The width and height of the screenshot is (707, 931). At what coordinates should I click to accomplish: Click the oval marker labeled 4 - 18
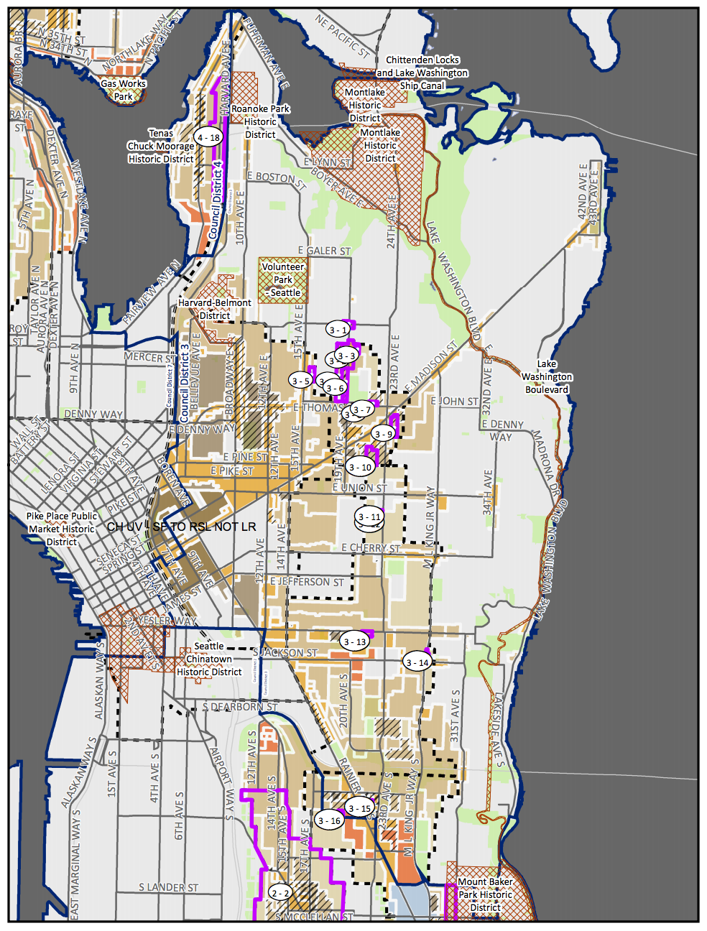208,137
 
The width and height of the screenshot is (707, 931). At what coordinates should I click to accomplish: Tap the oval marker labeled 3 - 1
338,330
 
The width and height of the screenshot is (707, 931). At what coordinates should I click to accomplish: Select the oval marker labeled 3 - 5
301,381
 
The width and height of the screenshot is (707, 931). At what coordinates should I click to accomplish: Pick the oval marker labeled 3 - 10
360,467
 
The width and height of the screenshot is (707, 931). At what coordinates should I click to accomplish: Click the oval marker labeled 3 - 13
355,641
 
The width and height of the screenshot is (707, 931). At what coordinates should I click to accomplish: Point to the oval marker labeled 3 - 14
417,662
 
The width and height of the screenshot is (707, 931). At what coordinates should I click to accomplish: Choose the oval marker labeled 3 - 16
330,820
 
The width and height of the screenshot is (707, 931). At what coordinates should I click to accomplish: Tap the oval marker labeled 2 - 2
279,893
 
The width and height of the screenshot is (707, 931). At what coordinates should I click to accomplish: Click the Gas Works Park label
123,90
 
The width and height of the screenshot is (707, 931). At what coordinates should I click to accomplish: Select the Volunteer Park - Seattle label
283,279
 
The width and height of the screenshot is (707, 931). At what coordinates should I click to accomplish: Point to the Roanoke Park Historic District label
260,121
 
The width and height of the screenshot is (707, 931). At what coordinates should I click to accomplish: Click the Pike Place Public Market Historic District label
62,529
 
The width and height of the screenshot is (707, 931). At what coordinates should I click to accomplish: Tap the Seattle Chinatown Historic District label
209,659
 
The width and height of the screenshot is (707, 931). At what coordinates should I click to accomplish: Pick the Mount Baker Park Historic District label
485,894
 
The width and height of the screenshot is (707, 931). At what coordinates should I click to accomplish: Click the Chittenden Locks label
422,60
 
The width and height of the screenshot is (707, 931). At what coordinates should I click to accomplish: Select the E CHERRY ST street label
371,548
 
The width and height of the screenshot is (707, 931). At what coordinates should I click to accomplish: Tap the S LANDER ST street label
168,888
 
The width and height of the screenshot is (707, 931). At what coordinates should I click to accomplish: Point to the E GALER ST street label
324,251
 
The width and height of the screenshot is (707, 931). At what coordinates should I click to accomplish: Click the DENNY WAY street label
93,414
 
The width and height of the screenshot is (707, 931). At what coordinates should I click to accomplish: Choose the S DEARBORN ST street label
239,707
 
